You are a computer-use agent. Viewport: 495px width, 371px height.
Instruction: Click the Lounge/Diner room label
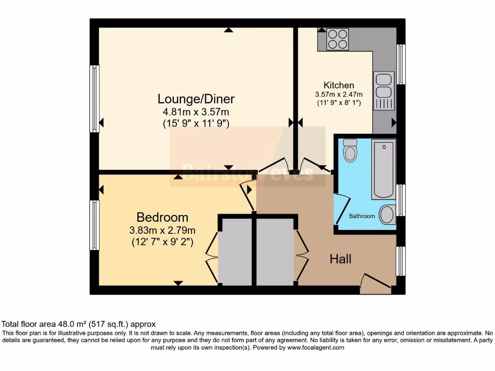[x=196, y=99]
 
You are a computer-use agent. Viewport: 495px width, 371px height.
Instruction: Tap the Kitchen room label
[x=338, y=85]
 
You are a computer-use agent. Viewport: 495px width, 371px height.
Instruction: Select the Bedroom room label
[x=162, y=217]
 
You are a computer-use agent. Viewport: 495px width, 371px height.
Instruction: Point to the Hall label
[x=340, y=259]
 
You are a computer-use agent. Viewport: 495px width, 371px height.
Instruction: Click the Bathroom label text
[x=362, y=216]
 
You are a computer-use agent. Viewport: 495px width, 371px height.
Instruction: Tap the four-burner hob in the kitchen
[x=337, y=39]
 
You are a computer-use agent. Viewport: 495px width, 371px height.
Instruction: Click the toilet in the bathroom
[x=349, y=150]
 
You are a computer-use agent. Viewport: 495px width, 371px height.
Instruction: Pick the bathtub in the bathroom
[x=383, y=169]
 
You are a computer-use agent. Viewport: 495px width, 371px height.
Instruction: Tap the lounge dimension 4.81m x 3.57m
[x=196, y=112]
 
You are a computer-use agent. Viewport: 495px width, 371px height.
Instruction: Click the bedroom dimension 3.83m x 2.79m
[x=162, y=230]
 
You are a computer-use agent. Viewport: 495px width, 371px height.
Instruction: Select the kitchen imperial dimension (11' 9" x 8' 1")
[x=338, y=102]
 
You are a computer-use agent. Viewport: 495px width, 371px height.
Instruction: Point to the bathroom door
[x=341, y=209]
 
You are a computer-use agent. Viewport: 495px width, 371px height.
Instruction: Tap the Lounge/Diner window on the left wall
[x=95, y=99]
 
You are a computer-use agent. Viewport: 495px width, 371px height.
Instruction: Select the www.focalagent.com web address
[x=316, y=347]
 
